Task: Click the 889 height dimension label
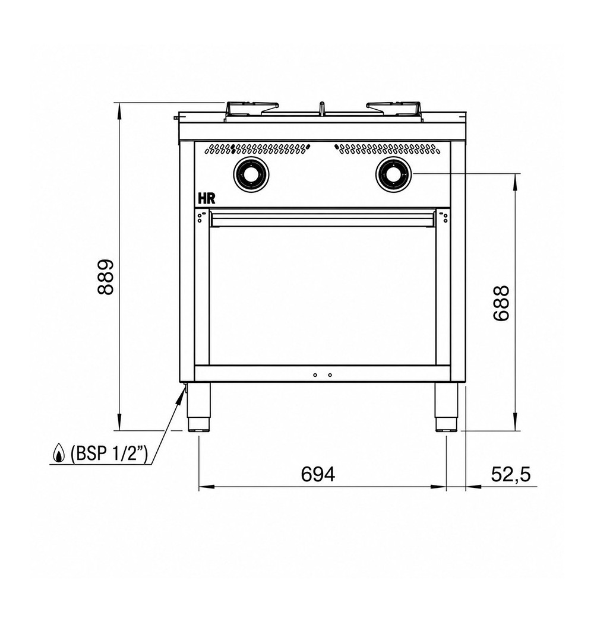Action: click(106, 277)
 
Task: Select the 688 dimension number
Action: click(501, 303)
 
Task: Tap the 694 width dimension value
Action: click(318, 474)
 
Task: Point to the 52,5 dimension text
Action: click(511, 474)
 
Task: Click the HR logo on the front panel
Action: click(207, 198)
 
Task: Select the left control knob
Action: click(251, 174)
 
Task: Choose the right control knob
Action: click(393, 174)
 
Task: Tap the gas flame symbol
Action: click(59, 453)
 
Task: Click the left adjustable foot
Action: click(198, 407)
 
